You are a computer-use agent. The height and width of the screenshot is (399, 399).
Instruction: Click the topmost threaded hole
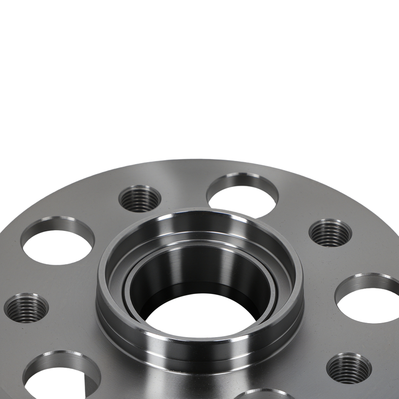140,198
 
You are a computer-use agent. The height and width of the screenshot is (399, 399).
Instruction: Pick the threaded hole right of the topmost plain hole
330,232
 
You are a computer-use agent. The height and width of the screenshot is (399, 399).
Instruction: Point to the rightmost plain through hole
369,300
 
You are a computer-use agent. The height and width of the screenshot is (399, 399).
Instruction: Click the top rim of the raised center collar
199,215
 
